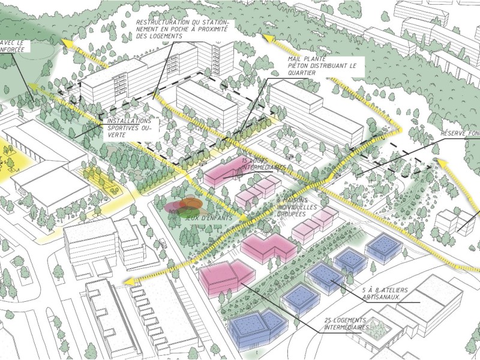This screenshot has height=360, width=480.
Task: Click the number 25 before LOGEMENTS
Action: (328, 319)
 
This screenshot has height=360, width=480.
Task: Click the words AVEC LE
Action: (13, 43)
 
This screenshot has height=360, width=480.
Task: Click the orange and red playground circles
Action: (180, 206)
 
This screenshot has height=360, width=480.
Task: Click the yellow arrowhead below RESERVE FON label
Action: (441, 161)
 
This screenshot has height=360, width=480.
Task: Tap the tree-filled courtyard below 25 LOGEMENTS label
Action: (378, 328)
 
